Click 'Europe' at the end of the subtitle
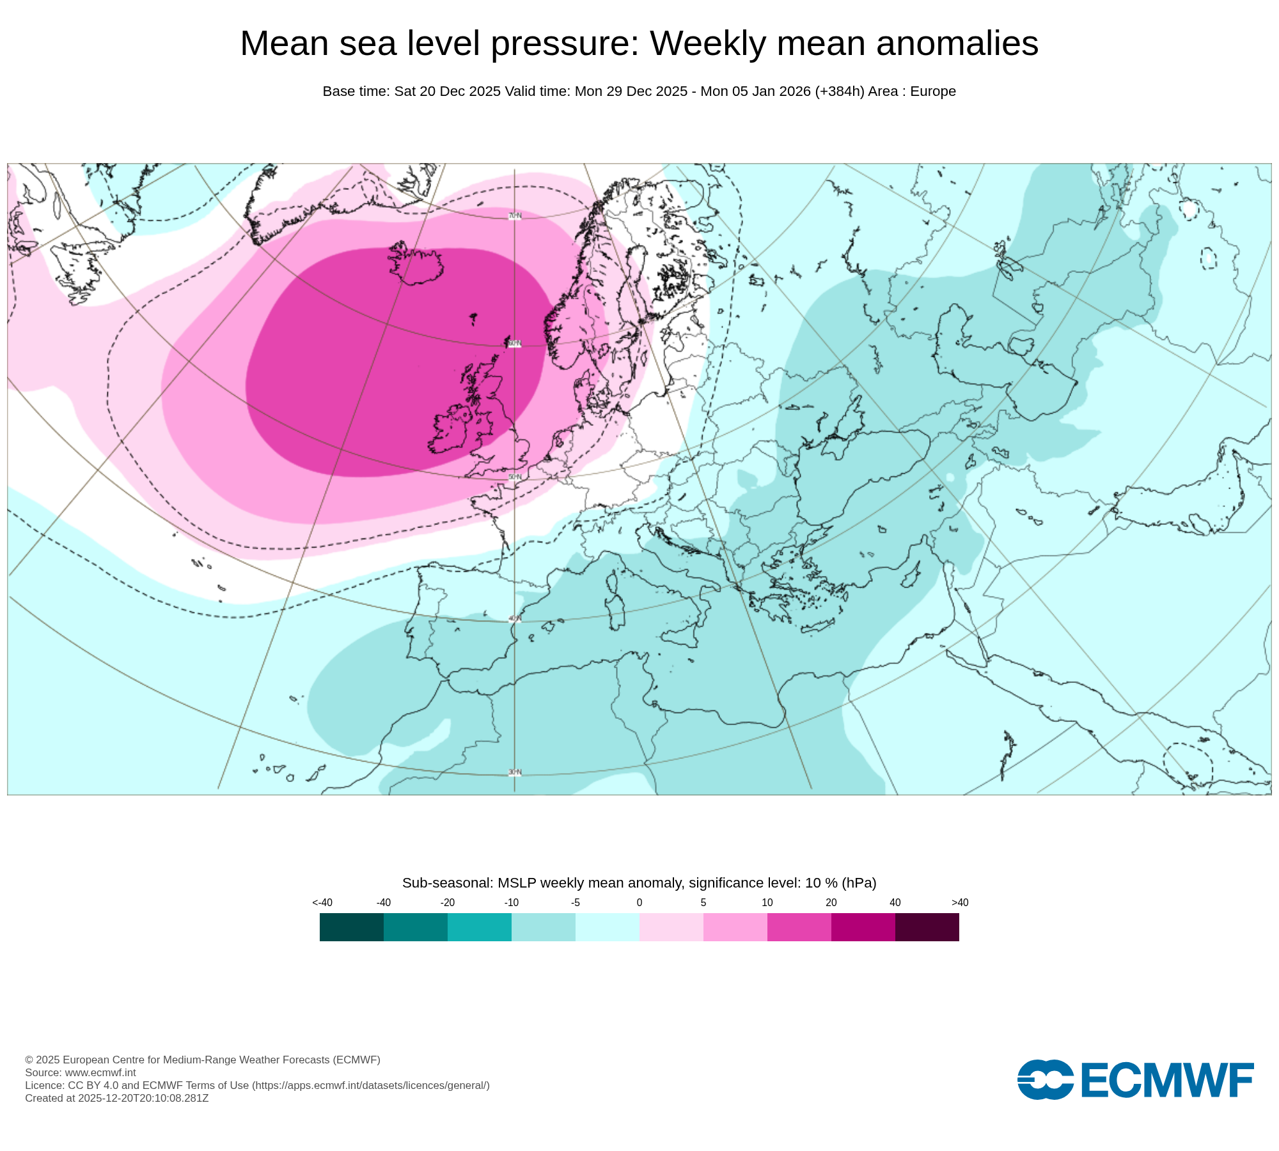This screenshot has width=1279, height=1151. point(932,91)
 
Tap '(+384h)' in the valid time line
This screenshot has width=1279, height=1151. point(839,91)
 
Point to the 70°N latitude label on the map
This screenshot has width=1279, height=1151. point(515,216)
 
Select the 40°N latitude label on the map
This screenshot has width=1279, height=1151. point(515,619)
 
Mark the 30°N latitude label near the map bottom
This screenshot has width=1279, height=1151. point(515,772)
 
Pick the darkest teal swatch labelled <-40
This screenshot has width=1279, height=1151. point(351,927)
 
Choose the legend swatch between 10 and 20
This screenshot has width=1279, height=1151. point(799,927)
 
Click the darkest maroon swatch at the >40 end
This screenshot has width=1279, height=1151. point(927,927)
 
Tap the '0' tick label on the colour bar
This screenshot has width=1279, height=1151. point(639,903)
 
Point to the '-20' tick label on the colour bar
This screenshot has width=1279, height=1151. point(448,903)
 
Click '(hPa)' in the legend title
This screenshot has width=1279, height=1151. point(859,883)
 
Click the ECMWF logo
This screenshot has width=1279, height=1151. point(1135,1080)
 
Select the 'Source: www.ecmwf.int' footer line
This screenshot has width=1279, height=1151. point(81,1072)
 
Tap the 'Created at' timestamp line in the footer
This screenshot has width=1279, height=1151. point(117,1098)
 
